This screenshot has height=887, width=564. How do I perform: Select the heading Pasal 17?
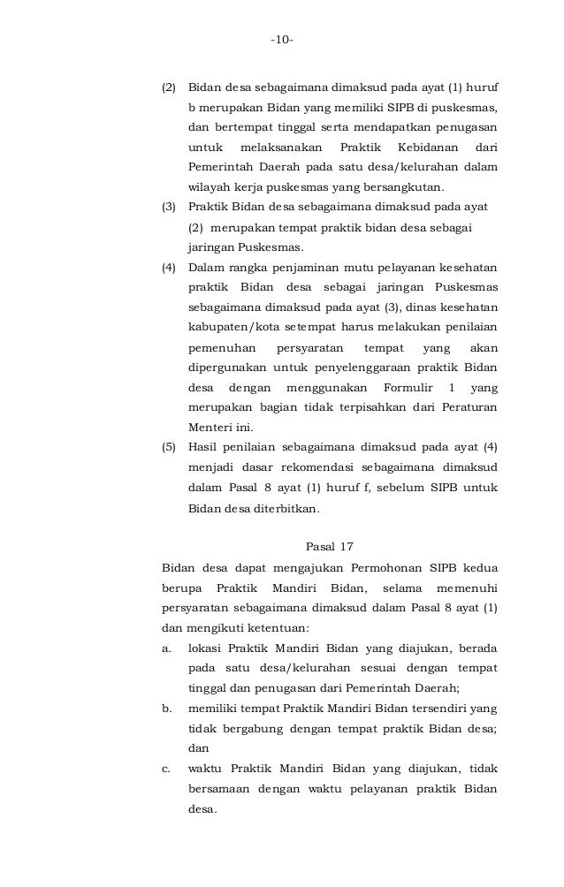329,545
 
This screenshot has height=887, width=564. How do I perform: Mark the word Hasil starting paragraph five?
204,447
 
